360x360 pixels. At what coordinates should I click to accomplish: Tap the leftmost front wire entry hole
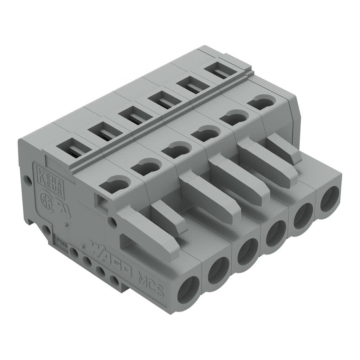click(x=188, y=289)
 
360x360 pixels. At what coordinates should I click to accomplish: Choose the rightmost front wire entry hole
click(x=330, y=199)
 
